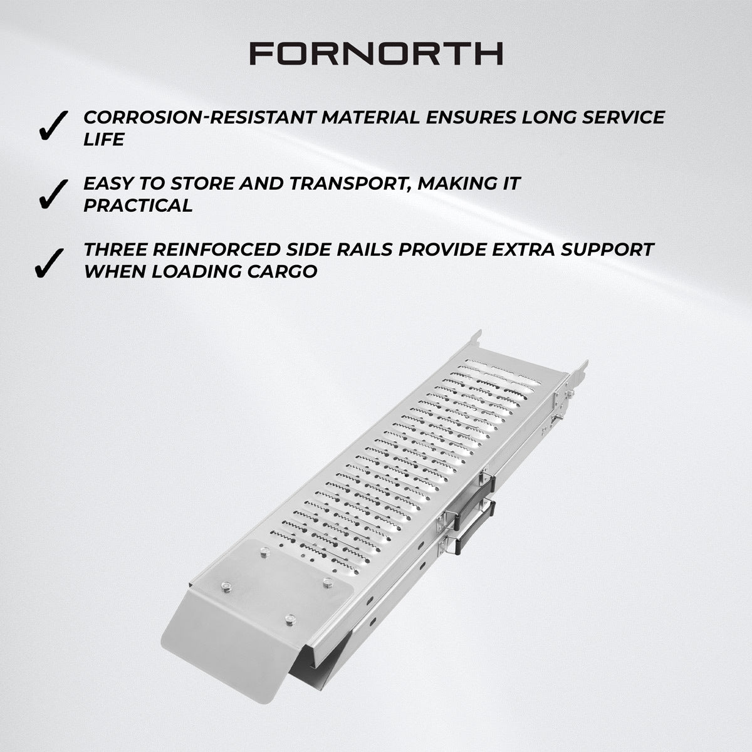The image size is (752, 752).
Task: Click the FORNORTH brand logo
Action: tap(376, 54)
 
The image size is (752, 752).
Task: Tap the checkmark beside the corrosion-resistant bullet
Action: tap(53, 126)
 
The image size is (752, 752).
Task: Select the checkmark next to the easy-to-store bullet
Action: tap(53, 192)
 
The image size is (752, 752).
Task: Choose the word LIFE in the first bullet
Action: tap(103, 139)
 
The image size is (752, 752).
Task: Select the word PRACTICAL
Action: tap(138, 206)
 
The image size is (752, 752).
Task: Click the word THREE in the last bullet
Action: tap(117, 249)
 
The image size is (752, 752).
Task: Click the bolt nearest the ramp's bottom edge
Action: tap(288, 619)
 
